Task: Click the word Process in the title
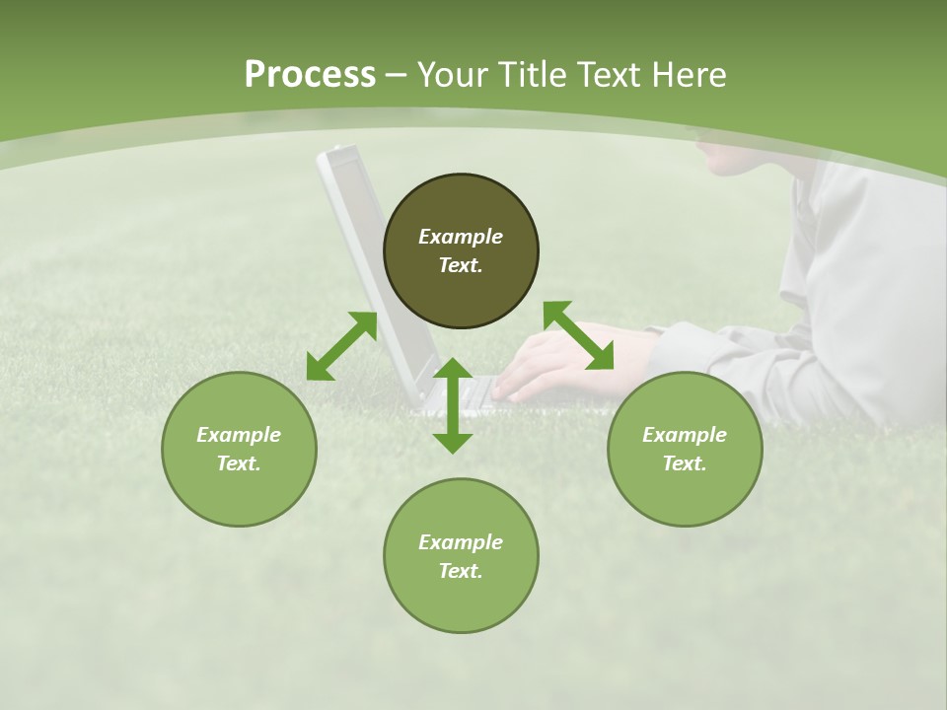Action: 310,75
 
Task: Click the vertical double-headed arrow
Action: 453,405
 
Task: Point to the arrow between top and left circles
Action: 341,346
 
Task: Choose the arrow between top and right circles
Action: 578,335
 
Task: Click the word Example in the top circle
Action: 461,237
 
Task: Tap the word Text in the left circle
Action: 238,463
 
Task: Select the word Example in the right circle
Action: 685,435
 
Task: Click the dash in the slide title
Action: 397,76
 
